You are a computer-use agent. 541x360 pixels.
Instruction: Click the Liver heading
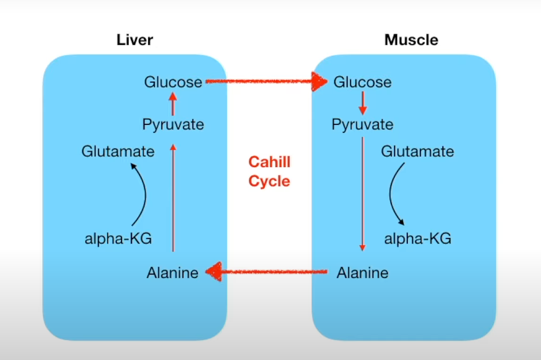click(x=135, y=40)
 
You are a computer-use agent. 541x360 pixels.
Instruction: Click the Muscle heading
click(x=411, y=40)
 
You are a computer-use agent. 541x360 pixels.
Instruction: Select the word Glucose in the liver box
click(x=173, y=82)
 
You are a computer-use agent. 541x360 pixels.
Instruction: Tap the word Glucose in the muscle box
click(x=362, y=82)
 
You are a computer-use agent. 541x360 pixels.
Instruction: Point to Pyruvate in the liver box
click(x=173, y=124)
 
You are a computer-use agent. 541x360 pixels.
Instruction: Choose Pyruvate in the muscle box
click(x=362, y=124)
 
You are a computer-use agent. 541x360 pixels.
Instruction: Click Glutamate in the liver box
click(x=118, y=152)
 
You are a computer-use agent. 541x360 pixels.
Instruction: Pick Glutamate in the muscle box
click(x=417, y=152)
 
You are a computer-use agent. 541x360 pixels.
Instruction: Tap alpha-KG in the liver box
click(x=118, y=238)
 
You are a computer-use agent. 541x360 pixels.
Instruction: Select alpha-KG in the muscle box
click(x=418, y=238)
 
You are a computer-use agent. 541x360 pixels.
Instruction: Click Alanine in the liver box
click(x=172, y=273)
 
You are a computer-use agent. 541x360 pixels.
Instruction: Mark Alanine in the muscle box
click(x=362, y=273)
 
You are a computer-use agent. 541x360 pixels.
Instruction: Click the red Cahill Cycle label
click(x=269, y=171)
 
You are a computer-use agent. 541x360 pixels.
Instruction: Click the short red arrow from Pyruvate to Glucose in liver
click(x=173, y=104)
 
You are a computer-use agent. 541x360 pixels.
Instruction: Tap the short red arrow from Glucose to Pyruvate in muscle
click(x=362, y=104)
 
